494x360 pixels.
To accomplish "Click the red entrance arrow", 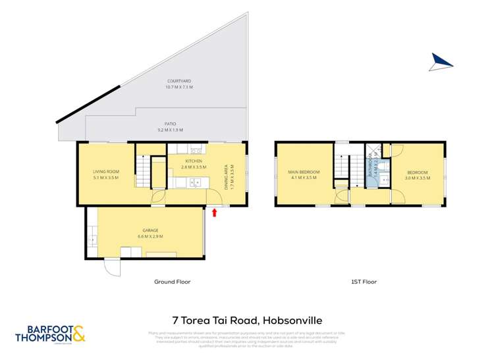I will click(215, 212).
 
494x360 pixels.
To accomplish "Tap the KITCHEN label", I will click(193, 161).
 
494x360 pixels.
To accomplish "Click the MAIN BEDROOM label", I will click(303, 172).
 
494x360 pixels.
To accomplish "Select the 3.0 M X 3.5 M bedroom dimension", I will click(417, 177).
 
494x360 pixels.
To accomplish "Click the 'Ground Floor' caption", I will click(173, 282).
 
